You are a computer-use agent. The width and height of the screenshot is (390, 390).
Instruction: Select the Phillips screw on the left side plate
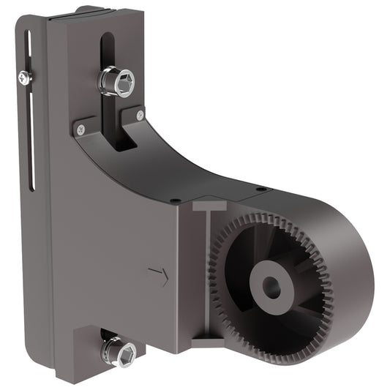[26, 76]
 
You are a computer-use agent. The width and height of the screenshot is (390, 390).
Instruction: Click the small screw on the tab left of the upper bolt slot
[80, 130]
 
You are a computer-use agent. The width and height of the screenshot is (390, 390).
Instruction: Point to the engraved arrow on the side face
[158, 276]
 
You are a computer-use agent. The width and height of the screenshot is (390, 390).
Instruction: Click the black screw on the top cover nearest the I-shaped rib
[175, 200]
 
